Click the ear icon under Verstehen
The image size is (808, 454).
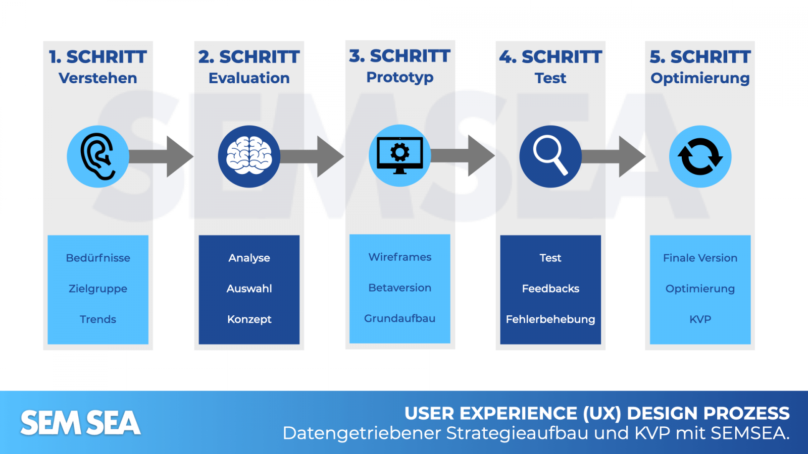(x=97, y=156)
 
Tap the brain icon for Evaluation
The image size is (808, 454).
(x=249, y=156)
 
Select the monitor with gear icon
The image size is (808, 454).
(x=399, y=155)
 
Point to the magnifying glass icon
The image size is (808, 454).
(x=550, y=156)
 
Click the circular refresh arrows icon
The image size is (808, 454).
(x=700, y=156)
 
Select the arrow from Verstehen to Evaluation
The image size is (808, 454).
(x=167, y=156)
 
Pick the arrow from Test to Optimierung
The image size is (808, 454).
(x=619, y=156)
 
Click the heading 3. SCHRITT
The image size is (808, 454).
(x=399, y=56)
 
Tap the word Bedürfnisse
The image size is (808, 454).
(x=98, y=258)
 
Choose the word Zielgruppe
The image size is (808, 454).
(x=98, y=289)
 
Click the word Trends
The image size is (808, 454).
(x=98, y=319)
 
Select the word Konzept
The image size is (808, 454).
(x=249, y=319)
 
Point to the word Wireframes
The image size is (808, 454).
(x=399, y=257)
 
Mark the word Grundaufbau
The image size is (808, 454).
(x=399, y=318)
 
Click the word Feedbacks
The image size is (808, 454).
(x=550, y=289)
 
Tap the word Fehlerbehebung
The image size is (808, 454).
(x=550, y=319)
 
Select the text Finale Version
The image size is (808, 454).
(x=700, y=258)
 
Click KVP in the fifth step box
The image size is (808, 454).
(x=700, y=319)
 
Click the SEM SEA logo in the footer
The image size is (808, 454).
(x=80, y=423)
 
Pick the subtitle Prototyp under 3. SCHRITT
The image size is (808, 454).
(x=399, y=77)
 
